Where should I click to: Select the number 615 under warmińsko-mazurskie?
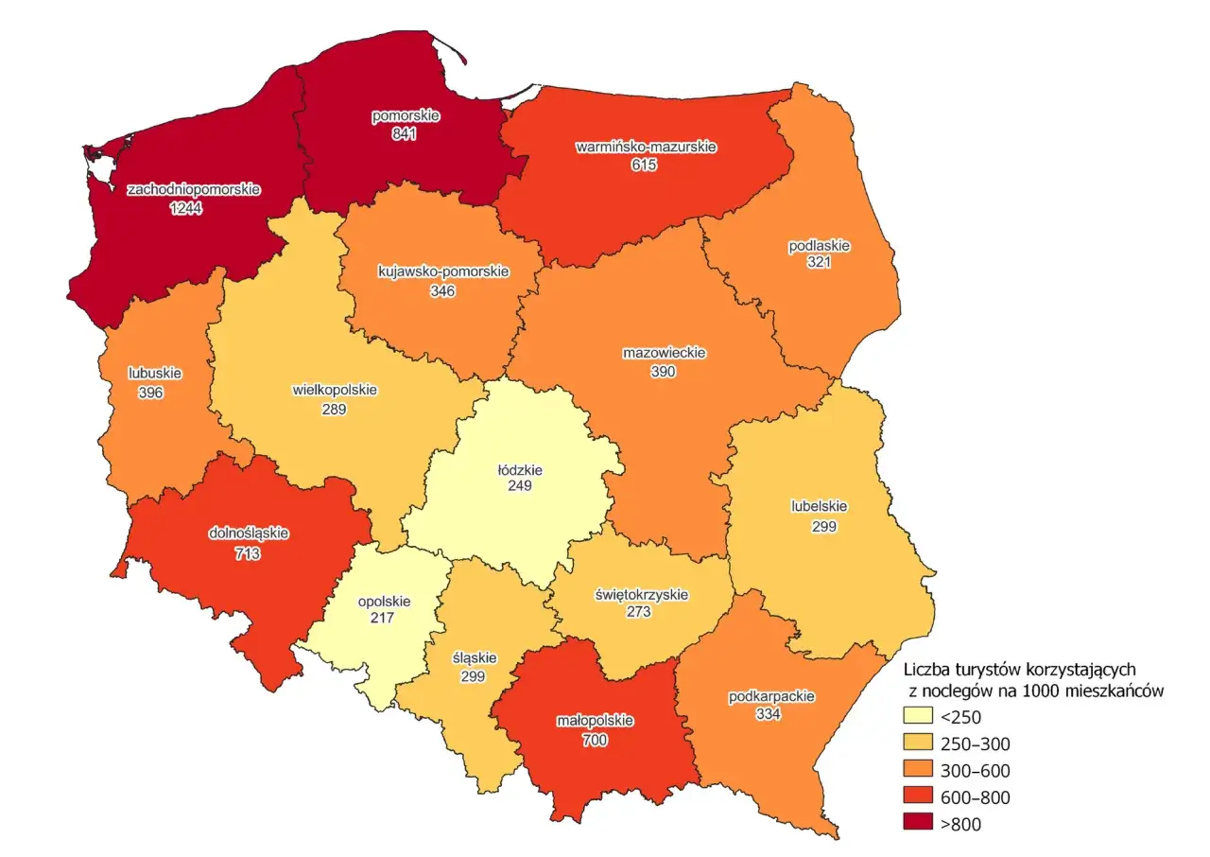coord(645,166)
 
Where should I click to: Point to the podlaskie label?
coord(819,246)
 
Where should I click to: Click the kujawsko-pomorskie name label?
coord(442,272)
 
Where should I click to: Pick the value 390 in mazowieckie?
coord(664,373)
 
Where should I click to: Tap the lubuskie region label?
coord(154,373)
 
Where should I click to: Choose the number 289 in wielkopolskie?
coord(334,410)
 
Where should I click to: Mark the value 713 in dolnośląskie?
coord(248,553)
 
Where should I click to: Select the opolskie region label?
coord(383,600)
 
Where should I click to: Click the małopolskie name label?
coord(594,721)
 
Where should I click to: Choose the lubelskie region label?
coord(819,505)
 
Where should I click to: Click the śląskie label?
coord(474,658)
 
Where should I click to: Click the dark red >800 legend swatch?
coord(917,824)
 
